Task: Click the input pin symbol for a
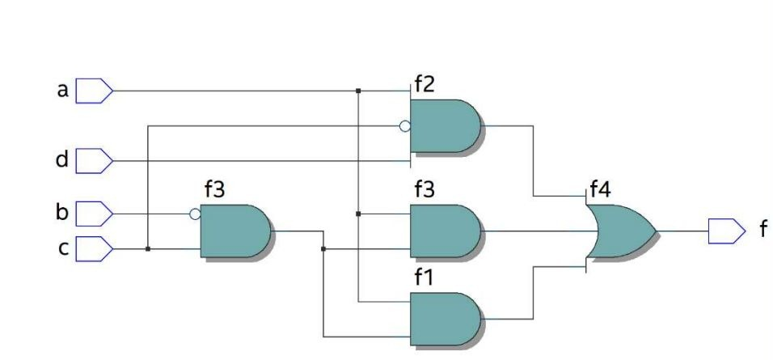coord(94,91)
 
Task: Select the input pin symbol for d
coord(94,161)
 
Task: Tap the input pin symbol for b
coord(94,214)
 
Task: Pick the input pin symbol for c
coord(94,248)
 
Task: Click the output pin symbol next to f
coord(726,231)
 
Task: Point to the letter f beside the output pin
coord(761,231)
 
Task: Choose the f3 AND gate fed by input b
coord(234,231)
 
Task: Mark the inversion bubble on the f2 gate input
coord(405,126)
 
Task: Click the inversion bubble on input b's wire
coord(195,214)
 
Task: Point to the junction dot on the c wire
coord(147,248)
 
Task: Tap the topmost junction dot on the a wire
coord(357,91)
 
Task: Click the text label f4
coord(601,191)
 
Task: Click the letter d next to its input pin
coord(62,160)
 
